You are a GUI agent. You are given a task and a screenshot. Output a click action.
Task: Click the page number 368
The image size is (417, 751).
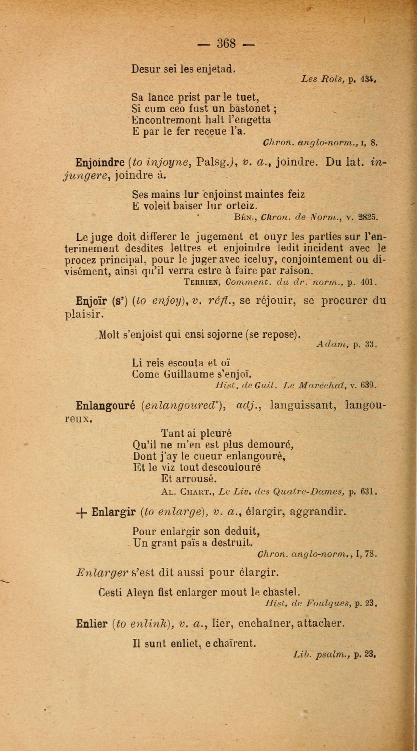pyautogui.click(x=226, y=44)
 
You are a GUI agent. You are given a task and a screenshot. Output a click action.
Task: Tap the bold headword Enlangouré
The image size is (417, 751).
pyautogui.click(x=105, y=405)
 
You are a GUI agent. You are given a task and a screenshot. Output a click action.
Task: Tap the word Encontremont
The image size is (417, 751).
pyautogui.click(x=166, y=120)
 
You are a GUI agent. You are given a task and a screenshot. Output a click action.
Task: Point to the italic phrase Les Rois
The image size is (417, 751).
pyautogui.click(x=323, y=79)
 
